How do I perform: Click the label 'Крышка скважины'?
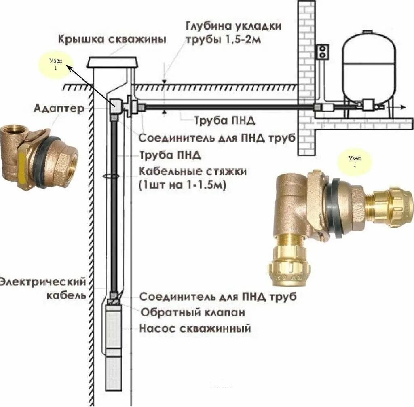[112, 40]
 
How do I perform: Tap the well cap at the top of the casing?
[113, 62]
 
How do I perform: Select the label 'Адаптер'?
[59, 108]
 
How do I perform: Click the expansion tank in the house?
[369, 67]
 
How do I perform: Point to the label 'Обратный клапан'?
[192, 312]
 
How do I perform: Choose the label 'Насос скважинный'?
[195, 328]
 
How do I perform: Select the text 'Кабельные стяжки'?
[193, 171]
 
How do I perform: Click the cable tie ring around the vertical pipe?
[111, 176]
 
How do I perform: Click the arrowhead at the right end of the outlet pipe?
[403, 106]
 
